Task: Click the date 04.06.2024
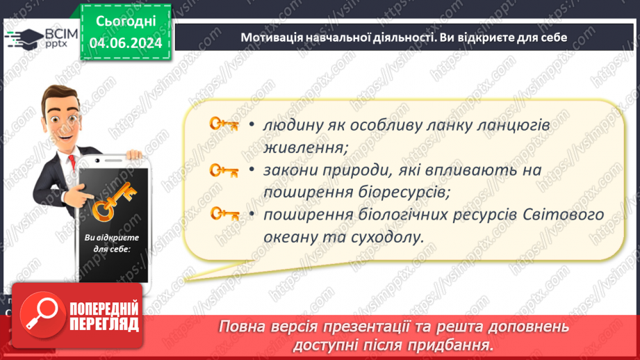tap(126, 43)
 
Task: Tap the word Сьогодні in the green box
tap(126, 22)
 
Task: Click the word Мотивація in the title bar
tap(271, 38)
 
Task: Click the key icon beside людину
tap(224, 124)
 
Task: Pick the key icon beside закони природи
tap(224, 169)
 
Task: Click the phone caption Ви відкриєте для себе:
tap(108, 244)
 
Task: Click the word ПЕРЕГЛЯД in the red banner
tap(104, 323)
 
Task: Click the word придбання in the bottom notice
tap(459, 345)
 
